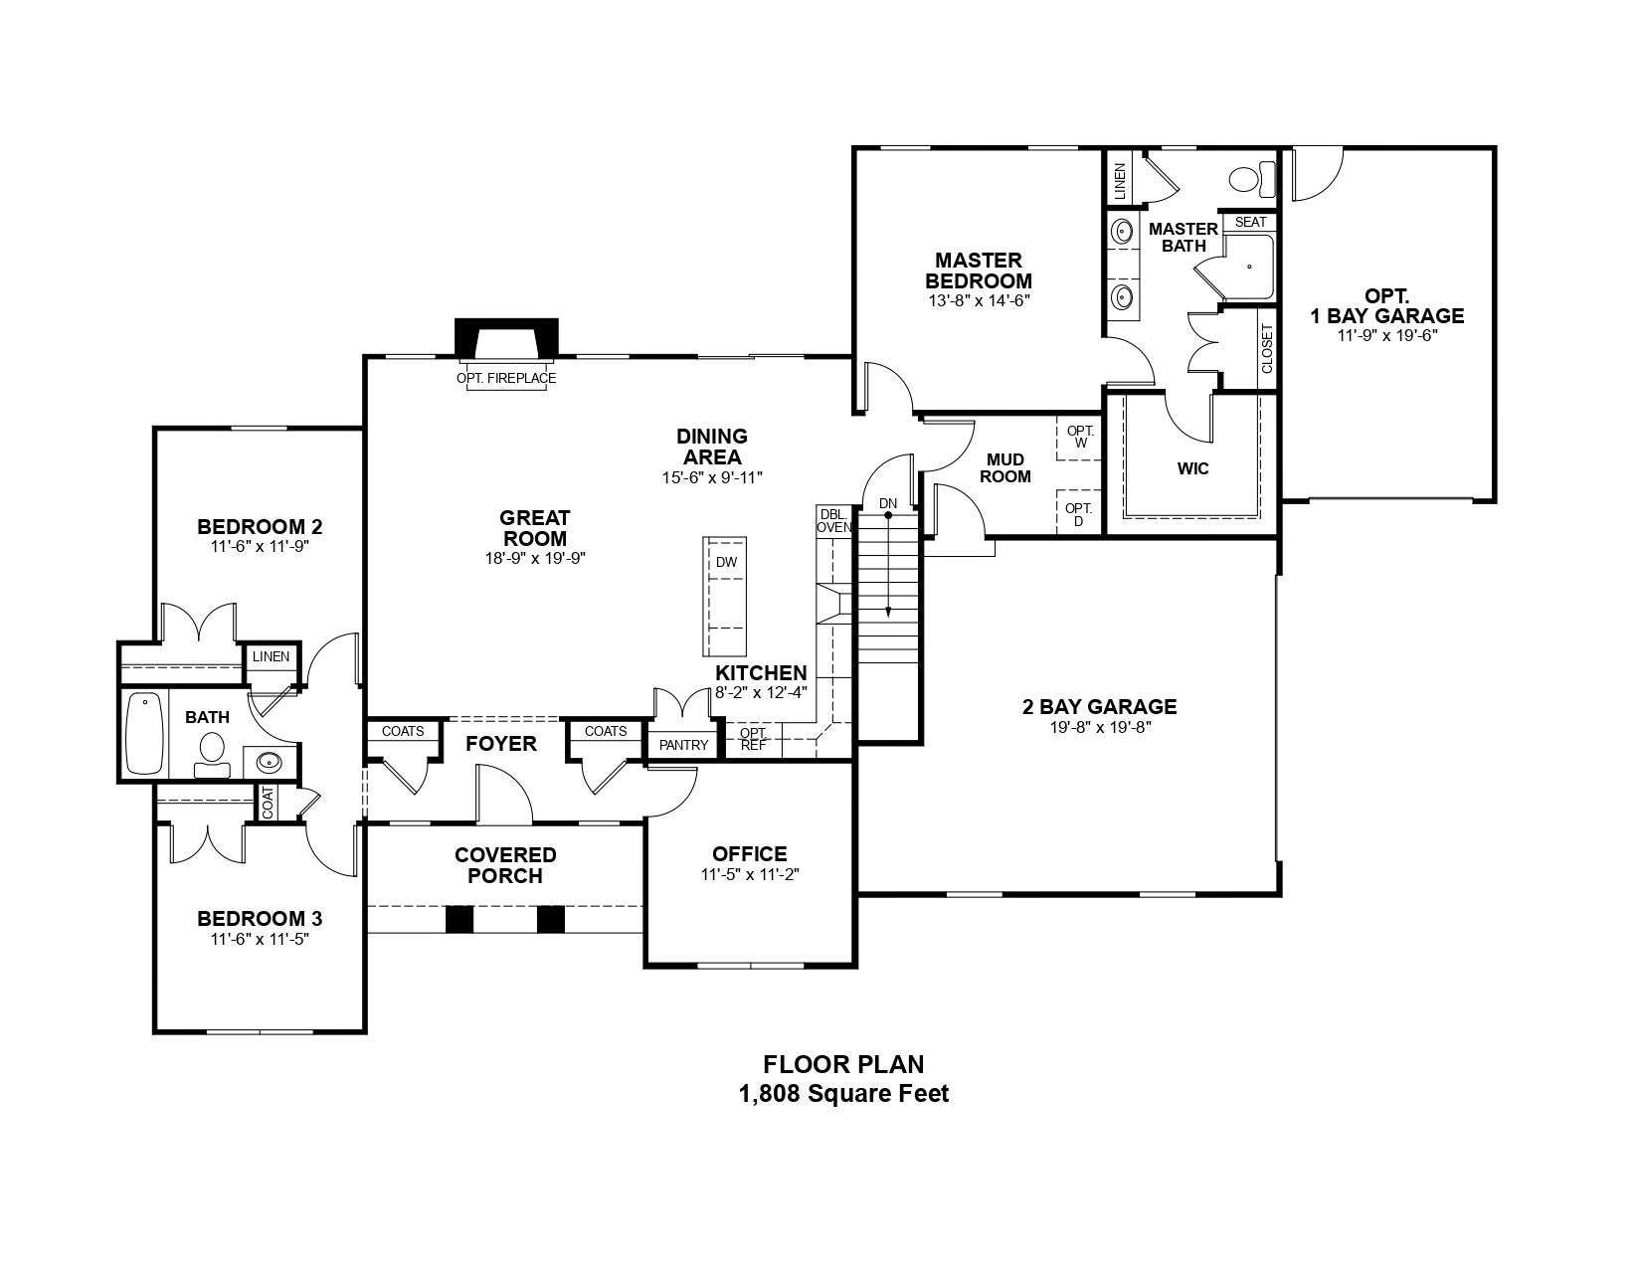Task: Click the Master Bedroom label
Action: [979, 271]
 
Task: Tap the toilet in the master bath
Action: [1252, 180]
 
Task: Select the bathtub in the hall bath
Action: [144, 733]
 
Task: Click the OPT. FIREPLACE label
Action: [506, 378]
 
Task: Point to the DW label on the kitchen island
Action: [726, 562]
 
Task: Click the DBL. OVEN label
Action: [833, 521]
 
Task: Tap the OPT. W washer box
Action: [1079, 438]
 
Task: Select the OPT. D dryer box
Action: [1078, 513]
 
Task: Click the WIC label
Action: [1193, 469]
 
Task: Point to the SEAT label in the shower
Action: [1250, 222]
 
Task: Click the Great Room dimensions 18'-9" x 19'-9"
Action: [535, 558]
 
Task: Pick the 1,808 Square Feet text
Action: [843, 1094]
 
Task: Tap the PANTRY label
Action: [683, 746]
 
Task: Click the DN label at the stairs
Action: [888, 503]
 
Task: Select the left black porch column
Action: [459, 919]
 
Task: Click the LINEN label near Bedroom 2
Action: [271, 656]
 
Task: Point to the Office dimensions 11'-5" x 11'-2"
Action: [750, 874]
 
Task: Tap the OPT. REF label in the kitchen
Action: [753, 739]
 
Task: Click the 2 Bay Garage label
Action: [1100, 707]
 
